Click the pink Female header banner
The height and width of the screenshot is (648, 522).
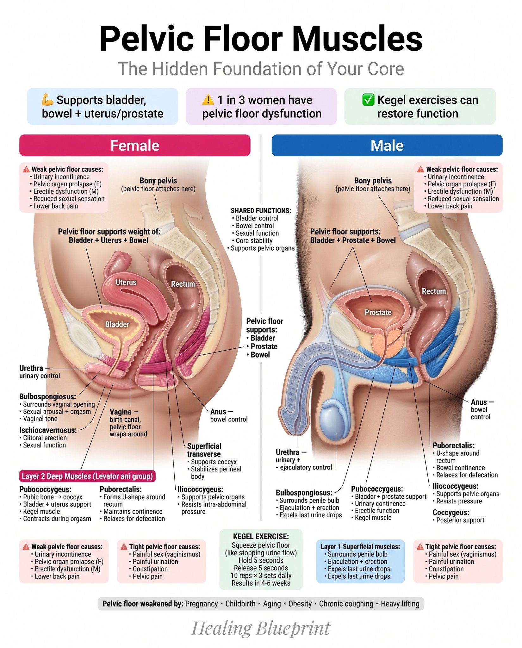[135, 145]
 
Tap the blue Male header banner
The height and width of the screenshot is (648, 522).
[387, 145]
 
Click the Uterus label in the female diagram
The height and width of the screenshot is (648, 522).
[126, 282]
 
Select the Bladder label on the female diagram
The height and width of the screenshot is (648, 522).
[117, 324]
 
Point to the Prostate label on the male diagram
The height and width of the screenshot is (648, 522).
[378, 312]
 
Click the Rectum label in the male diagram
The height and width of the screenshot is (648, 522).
[434, 291]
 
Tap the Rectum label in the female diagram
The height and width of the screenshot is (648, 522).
[183, 284]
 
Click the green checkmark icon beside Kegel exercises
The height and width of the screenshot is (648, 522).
[368, 100]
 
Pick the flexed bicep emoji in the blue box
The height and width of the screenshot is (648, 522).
[48, 100]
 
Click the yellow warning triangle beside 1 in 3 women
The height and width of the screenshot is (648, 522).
[208, 100]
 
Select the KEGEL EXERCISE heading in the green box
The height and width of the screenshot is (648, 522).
[261, 536]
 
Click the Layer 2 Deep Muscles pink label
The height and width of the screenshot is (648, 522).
[87, 476]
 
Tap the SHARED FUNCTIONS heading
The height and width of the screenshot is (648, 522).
[261, 211]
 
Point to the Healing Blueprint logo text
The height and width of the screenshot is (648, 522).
[261, 628]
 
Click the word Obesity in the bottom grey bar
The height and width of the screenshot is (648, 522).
[300, 604]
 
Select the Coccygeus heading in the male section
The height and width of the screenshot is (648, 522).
[451, 512]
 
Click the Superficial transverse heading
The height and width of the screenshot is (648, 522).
[204, 450]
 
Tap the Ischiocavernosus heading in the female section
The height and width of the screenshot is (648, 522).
[48, 430]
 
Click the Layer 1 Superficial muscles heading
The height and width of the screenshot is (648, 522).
[360, 546]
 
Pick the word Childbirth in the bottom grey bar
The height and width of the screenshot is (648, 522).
[240, 604]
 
